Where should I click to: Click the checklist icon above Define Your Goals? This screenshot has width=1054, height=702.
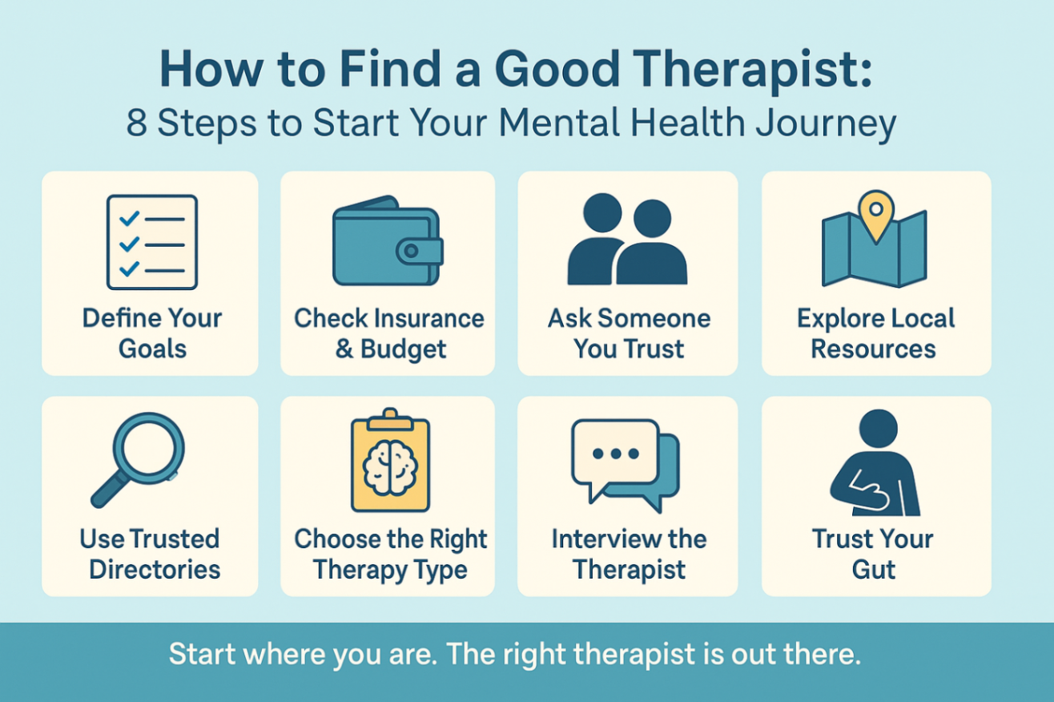(x=152, y=242)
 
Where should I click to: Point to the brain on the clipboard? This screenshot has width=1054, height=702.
(x=390, y=467)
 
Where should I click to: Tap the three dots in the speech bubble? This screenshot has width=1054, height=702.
(x=614, y=453)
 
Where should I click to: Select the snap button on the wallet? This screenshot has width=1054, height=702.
(x=412, y=251)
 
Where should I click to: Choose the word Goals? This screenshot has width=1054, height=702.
(x=152, y=349)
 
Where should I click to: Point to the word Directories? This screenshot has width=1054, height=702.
(x=155, y=569)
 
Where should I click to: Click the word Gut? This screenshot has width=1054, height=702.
(x=874, y=569)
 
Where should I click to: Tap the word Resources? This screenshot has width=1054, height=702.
(x=874, y=349)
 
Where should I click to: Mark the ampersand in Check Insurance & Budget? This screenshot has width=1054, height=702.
(x=344, y=349)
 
